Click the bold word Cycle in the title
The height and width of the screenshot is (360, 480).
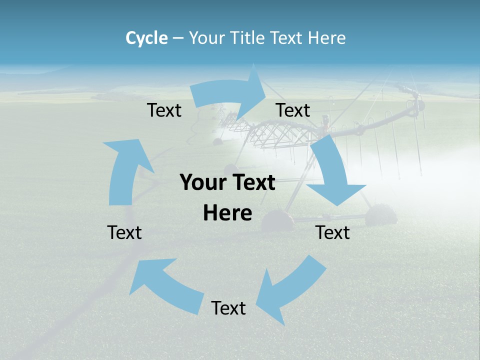click(x=146, y=38)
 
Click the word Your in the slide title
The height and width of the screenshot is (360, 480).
click(x=206, y=38)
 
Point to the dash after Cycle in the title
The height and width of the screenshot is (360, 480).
click(x=178, y=38)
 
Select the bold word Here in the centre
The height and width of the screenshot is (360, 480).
click(x=227, y=213)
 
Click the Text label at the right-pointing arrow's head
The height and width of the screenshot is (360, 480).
click(x=293, y=110)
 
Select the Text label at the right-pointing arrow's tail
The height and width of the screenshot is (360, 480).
click(x=164, y=110)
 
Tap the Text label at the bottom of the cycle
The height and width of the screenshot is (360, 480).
click(x=228, y=308)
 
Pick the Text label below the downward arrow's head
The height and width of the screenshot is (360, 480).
click(x=332, y=232)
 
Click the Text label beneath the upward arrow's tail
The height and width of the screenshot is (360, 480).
click(x=124, y=232)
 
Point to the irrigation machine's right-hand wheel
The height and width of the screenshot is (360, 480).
click(x=381, y=215)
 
